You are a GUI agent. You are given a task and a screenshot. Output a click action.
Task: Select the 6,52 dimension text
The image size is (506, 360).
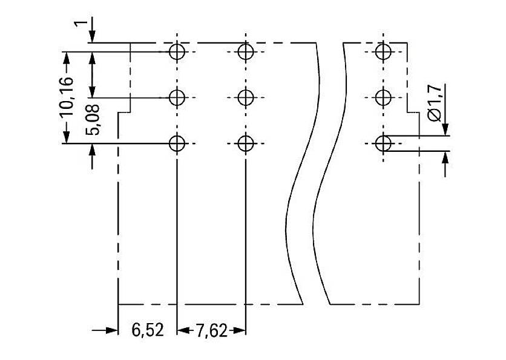click(x=146, y=331)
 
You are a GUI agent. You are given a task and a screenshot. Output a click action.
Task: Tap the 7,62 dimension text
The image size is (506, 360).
click(x=211, y=331)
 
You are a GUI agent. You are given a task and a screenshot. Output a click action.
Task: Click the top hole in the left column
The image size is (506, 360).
click(x=177, y=51)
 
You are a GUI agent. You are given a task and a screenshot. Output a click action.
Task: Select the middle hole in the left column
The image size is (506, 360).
click(x=177, y=97)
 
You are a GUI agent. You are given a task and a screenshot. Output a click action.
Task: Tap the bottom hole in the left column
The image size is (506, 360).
click(x=177, y=143)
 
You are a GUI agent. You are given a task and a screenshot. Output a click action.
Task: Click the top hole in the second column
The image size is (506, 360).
click(x=245, y=51)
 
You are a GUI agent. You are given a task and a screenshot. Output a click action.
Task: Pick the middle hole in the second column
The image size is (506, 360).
click(x=245, y=97)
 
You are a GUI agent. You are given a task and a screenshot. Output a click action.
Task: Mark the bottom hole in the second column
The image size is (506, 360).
click(x=245, y=143)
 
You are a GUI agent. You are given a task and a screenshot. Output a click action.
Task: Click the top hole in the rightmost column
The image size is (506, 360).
click(x=383, y=51)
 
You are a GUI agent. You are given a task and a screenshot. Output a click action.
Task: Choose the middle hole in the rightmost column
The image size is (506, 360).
click(x=383, y=97)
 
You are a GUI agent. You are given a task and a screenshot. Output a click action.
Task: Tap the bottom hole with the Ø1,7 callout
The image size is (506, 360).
click(x=383, y=143)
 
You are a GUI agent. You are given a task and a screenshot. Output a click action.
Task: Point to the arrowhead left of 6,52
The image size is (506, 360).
click(x=110, y=331)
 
